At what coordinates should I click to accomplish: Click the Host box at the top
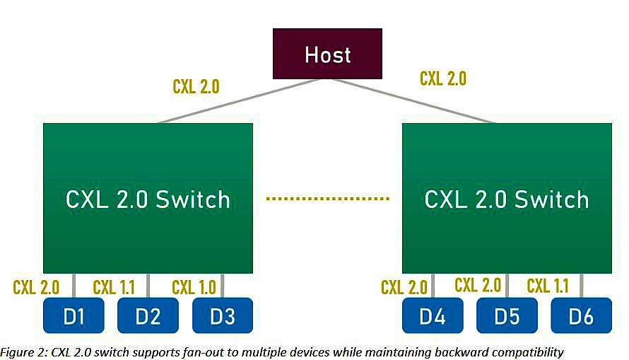tap(327, 54)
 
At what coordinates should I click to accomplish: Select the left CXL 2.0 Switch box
tap(148, 198)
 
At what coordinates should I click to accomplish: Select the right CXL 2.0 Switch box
tap(507, 198)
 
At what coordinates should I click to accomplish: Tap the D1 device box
tap(74, 315)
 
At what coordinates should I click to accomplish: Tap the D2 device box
tap(148, 315)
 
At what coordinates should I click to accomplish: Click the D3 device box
tap(222, 315)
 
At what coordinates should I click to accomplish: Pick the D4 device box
tap(433, 315)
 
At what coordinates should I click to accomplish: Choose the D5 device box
tap(507, 315)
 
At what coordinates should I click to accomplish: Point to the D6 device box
tap(581, 315)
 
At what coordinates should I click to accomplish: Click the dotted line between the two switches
tap(327, 199)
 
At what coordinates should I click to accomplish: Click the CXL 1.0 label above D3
tap(194, 287)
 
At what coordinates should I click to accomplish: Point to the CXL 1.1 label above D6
tap(548, 286)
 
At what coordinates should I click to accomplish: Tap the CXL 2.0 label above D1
tap(36, 287)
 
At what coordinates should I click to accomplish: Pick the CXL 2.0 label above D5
tap(478, 285)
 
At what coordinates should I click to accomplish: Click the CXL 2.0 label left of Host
tap(196, 86)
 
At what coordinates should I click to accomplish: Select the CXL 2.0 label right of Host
tap(443, 78)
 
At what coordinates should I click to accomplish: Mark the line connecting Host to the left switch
tap(240, 100)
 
